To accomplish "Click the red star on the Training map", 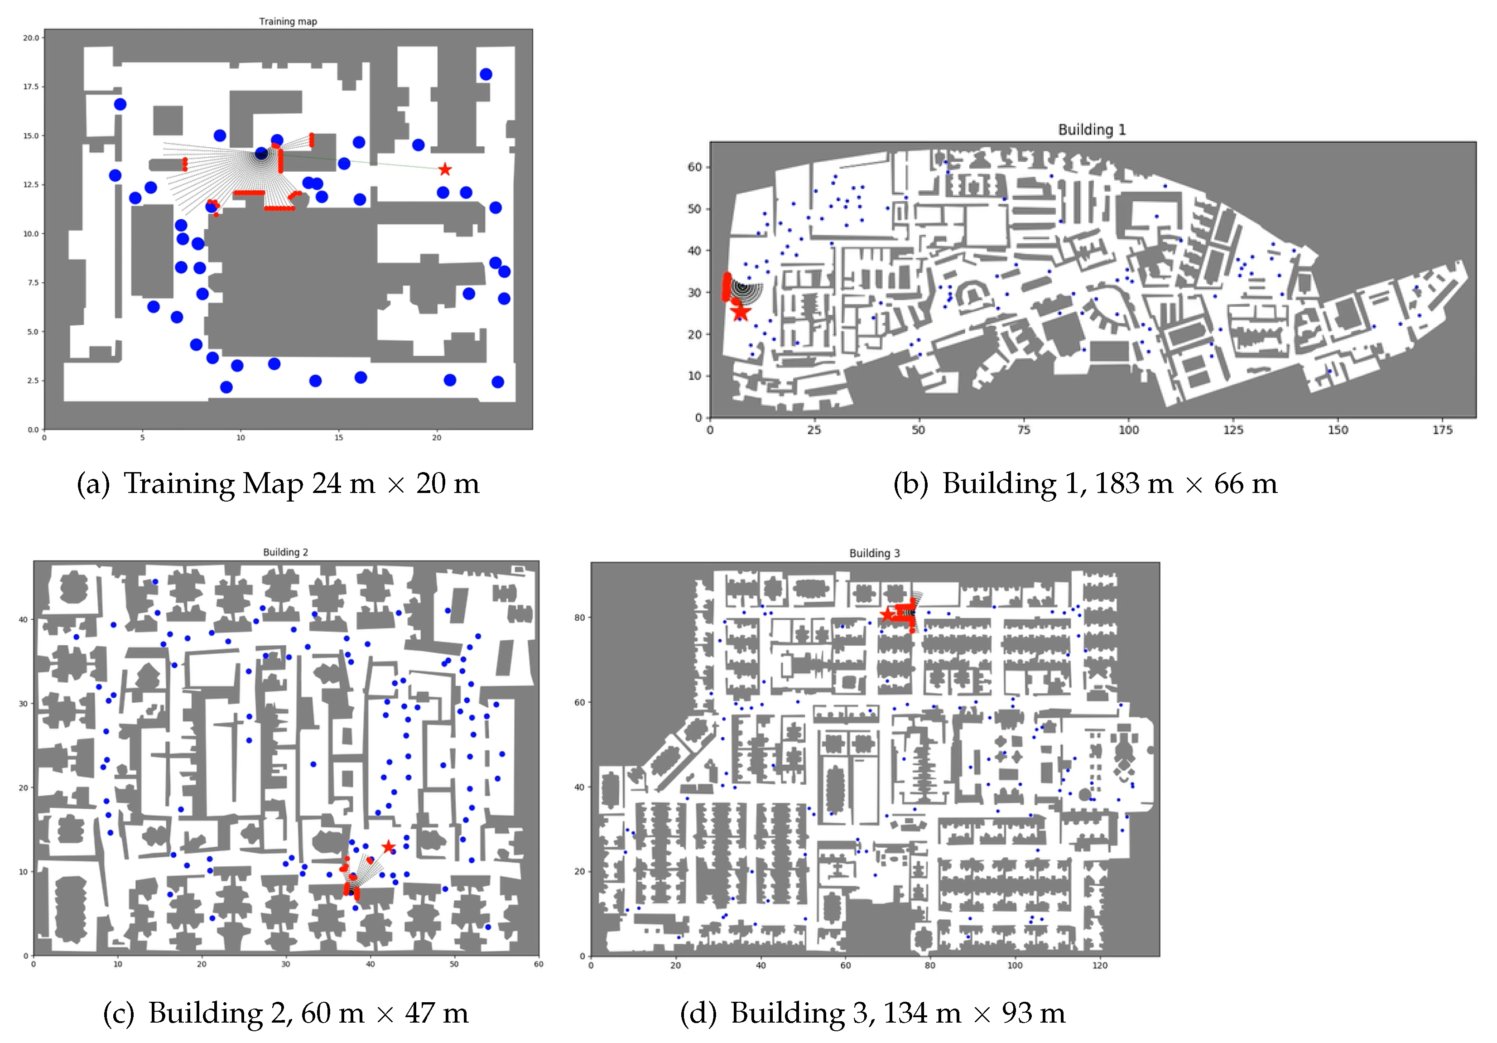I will [445, 169].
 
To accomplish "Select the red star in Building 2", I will [388, 847].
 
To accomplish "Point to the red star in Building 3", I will [887, 615].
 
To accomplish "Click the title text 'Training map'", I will [288, 22].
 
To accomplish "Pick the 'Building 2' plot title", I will [285, 552].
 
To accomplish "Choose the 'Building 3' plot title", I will [874, 553].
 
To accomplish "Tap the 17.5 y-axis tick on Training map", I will [31, 87].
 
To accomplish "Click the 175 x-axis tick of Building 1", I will [1442, 430].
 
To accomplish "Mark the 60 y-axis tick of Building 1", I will [694, 167].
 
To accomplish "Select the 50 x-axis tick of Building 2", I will [454, 964].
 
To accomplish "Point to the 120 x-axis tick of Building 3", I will [1100, 966].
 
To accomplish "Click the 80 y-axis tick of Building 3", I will [580, 618].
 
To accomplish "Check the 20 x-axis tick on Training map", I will [437, 438].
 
